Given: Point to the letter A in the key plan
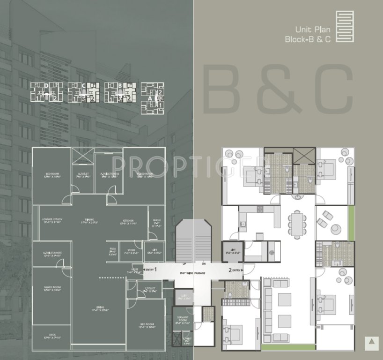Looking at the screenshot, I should coord(151,99).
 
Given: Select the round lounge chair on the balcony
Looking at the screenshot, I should coord(336,229).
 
